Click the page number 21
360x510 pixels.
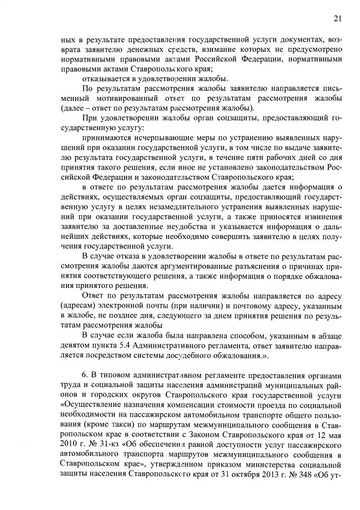coord(337,19)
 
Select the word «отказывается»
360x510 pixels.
coord(107,78)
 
